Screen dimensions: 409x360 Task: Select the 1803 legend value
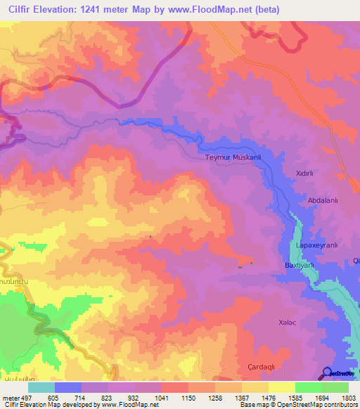coord(349,398)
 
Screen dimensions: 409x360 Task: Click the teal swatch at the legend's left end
coord(41,387)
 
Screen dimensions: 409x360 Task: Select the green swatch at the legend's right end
coord(335,387)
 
